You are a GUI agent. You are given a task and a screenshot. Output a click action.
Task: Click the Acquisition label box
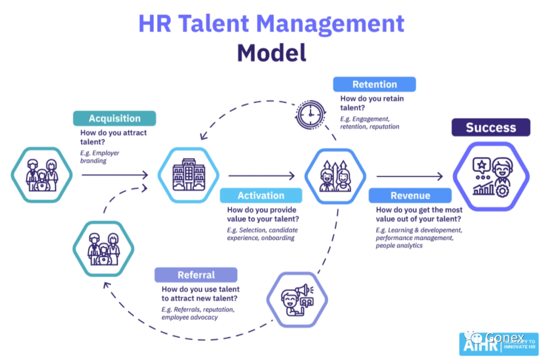[x=114, y=118]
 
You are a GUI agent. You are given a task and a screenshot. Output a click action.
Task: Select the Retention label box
[x=374, y=84]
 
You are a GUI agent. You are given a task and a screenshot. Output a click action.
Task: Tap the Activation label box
[x=261, y=195]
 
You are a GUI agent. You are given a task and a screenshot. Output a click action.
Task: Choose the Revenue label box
[x=410, y=195]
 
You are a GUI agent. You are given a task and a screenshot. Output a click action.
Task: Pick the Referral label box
[x=196, y=275]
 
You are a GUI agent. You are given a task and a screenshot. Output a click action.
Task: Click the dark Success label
[x=490, y=128]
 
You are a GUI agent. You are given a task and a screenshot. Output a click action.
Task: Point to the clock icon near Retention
[x=311, y=114]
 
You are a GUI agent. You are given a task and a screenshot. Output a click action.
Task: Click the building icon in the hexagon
[x=188, y=175]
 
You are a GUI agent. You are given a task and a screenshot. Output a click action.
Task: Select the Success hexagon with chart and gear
[x=491, y=176]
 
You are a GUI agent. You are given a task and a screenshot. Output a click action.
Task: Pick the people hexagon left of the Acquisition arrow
[x=42, y=175]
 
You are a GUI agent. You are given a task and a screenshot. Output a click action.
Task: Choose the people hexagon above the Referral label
[x=103, y=249]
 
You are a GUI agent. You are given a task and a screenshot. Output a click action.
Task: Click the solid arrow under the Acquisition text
[x=114, y=175]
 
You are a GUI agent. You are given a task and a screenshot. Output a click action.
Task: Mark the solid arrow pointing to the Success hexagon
[x=410, y=176]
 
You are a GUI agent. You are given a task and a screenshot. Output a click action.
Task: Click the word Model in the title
[x=272, y=52]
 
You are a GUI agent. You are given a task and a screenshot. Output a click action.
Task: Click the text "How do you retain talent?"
[x=372, y=103]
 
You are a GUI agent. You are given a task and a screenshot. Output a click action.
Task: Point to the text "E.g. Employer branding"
[x=100, y=157]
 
